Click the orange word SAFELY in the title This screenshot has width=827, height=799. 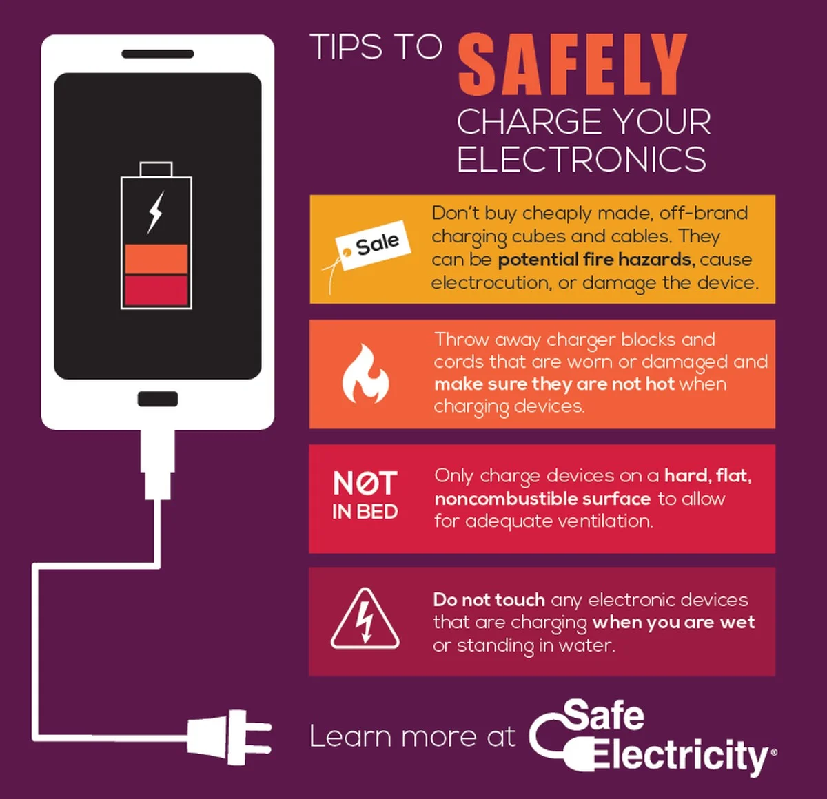(x=572, y=64)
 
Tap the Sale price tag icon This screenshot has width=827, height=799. (x=368, y=251)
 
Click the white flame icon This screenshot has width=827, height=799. (x=365, y=374)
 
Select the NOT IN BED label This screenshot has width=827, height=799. (x=365, y=495)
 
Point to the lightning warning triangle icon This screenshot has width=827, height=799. (x=365, y=619)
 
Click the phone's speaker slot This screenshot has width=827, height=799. (x=158, y=54)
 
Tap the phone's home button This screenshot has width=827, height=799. (x=158, y=399)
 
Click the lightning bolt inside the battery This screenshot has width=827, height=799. (x=156, y=212)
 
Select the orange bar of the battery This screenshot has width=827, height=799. (x=156, y=259)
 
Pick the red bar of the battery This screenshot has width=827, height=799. (x=156, y=290)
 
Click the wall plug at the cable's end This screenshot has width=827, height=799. (x=229, y=738)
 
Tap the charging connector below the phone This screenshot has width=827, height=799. (x=158, y=465)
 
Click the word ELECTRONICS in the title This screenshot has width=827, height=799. (x=582, y=159)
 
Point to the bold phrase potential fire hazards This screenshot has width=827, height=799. (x=597, y=260)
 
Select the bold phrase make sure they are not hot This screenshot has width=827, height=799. (x=554, y=384)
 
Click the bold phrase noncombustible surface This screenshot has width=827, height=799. (x=542, y=499)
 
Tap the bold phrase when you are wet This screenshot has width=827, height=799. (x=673, y=622)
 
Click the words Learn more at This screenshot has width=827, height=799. (x=413, y=736)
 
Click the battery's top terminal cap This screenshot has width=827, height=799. (x=156, y=169)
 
